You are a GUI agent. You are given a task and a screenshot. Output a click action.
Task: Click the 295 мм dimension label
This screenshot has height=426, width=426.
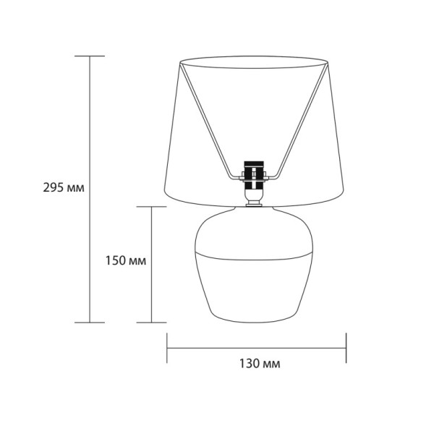(64, 188)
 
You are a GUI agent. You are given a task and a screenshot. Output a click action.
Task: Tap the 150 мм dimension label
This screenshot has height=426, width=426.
(126, 260)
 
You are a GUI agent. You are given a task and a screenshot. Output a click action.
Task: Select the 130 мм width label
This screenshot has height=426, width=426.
(260, 364)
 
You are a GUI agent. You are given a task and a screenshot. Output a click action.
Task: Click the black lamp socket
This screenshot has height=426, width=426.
(254, 175)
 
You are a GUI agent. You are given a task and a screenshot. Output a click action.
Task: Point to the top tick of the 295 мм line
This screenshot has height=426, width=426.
(90, 56)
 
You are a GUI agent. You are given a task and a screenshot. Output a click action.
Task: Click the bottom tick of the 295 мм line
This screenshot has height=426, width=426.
(90, 323)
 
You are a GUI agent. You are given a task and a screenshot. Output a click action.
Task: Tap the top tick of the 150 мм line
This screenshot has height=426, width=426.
(151, 206)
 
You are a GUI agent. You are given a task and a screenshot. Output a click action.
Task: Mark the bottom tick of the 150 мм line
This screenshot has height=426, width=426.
(151, 323)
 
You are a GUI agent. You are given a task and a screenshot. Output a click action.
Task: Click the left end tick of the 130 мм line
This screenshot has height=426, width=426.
(167, 348)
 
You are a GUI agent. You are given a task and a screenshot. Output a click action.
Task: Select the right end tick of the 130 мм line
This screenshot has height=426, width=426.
(346, 348)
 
